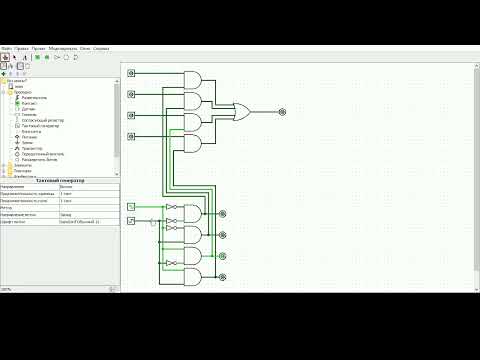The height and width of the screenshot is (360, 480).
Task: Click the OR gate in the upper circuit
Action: point(241,112)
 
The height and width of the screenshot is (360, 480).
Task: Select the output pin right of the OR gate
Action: point(282,112)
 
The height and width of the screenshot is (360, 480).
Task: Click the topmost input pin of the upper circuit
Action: point(131,73)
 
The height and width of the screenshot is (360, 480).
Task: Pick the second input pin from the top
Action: point(131,94)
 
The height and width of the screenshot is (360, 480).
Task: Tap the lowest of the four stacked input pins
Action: point(131,136)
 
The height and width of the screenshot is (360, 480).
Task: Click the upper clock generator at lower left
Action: point(131,206)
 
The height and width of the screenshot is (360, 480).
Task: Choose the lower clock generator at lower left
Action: point(131,222)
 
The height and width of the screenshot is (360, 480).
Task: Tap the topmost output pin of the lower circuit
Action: point(222,212)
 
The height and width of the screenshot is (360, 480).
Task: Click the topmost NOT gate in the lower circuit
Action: point(172,207)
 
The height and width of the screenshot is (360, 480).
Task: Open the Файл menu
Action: point(7,47)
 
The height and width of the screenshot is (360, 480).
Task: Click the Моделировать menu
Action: point(49,47)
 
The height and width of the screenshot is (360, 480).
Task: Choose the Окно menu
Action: point(84,47)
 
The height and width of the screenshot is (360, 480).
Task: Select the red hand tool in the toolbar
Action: point(5,57)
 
